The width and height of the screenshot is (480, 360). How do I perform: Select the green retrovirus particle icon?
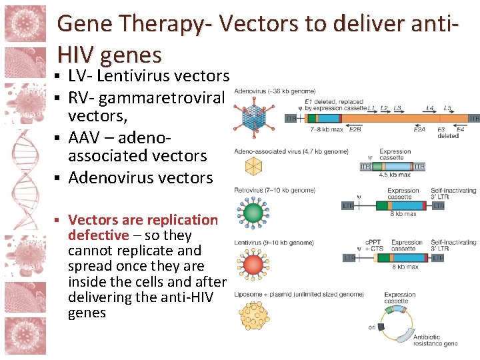(x=254, y=213)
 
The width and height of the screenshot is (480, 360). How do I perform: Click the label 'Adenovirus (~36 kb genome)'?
(x=275, y=90)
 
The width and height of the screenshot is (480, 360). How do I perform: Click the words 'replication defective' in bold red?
(x=143, y=227)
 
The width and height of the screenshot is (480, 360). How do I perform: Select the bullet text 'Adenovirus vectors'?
(x=141, y=177)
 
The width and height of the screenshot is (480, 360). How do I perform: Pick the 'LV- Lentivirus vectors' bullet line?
(x=149, y=76)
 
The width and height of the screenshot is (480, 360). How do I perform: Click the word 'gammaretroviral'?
(x=161, y=98)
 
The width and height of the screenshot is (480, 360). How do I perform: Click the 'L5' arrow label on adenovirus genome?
(x=447, y=107)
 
